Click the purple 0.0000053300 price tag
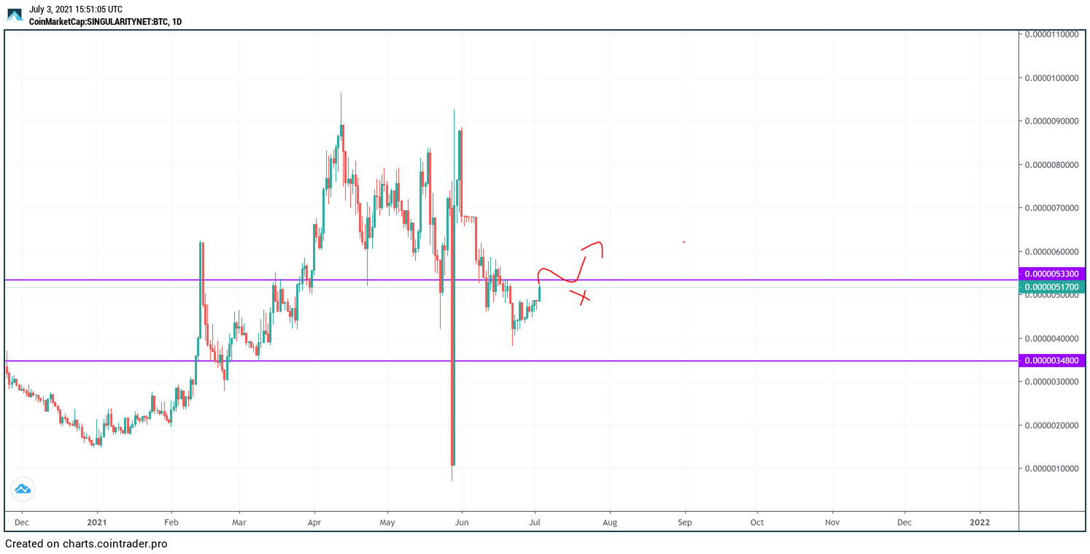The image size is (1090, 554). point(1051,274)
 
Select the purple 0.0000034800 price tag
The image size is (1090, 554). point(1051,361)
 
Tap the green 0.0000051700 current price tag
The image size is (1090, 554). point(1051,287)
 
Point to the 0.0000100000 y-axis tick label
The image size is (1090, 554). point(1051,77)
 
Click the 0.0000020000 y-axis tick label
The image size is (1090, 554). point(1051,425)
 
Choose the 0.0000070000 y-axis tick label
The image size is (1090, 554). point(1051,208)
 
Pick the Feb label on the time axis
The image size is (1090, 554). point(171,522)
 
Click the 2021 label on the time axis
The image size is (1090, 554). point(97,522)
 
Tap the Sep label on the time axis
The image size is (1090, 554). point(684,522)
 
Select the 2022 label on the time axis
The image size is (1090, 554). point(980,522)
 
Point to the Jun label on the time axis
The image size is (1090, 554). point(461,522)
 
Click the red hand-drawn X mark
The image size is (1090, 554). point(581,296)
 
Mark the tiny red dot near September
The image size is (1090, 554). point(684,242)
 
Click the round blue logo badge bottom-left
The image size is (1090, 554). point(23,489)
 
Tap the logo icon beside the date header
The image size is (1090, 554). point(15,15)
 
